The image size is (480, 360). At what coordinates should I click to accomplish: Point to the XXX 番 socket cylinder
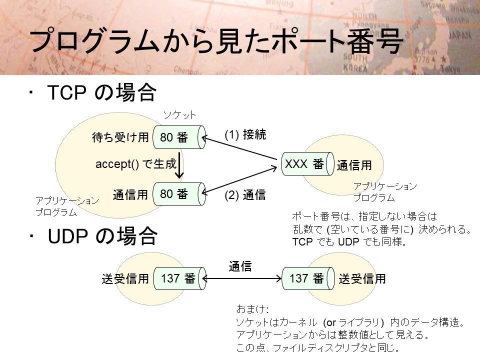click(x=306, y=164)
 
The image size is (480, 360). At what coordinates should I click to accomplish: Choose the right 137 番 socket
click(x=306, y=278)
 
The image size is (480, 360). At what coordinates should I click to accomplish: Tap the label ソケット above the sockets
click(x=179, y=115)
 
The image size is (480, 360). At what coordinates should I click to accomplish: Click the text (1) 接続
click(x=245, y=134)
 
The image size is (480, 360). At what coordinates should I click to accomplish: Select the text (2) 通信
click(x=245, y=195)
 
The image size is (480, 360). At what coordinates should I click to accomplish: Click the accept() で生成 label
click(x=136, y=164)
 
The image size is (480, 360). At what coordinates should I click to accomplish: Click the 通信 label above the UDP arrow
click(x=240, y=266)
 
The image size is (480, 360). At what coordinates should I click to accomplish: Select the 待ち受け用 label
click(x=120, y=137)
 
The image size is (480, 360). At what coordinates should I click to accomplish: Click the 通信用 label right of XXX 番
click(x=354, y=165)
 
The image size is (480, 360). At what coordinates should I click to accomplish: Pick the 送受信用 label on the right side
click(x=362, y=279)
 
